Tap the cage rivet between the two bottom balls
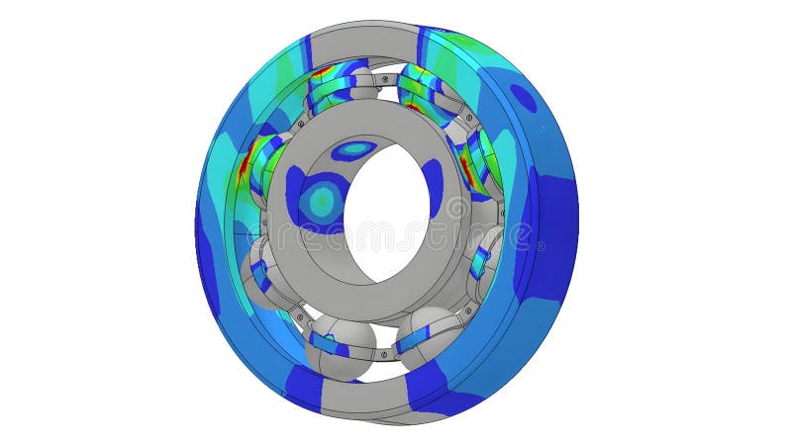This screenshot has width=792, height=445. coord(387,349)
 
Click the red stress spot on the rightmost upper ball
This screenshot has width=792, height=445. coord(465,161)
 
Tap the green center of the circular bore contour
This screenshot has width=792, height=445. coord(321,201)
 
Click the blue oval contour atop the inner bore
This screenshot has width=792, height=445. coord(353,149)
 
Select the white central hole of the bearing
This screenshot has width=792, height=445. coord(389,213)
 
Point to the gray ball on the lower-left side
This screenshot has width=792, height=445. coord(261,277)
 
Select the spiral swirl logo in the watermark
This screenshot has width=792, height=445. coord(454,208)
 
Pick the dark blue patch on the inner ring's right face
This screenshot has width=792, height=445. coord(433,188)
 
